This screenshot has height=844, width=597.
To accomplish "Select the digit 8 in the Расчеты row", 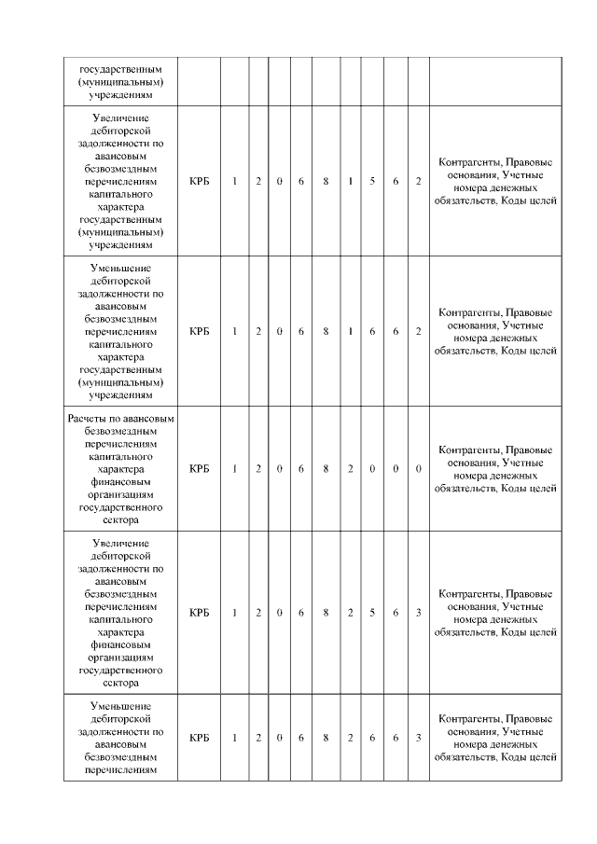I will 326,468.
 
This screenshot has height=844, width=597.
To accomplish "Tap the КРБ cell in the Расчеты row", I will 199,468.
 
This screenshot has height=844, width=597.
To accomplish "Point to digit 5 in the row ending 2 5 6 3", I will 372,613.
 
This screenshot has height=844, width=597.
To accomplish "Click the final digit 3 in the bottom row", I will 419,738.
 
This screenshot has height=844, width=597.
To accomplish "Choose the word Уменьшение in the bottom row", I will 120,706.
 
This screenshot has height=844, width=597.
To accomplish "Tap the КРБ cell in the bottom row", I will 199,738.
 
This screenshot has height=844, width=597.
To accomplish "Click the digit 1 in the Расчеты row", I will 235,468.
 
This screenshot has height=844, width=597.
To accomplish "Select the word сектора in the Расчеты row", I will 120,520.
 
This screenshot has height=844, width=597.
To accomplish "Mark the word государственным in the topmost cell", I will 120,68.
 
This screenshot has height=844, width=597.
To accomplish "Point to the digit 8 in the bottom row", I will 326,738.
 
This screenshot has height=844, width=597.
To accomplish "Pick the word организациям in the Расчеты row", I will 120,494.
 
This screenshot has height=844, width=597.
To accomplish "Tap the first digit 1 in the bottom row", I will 235,738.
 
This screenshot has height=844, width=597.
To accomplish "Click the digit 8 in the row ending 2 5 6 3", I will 326,613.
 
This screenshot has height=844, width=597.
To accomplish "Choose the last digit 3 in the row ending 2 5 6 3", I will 419,613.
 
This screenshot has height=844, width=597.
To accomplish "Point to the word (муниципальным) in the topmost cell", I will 120,81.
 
